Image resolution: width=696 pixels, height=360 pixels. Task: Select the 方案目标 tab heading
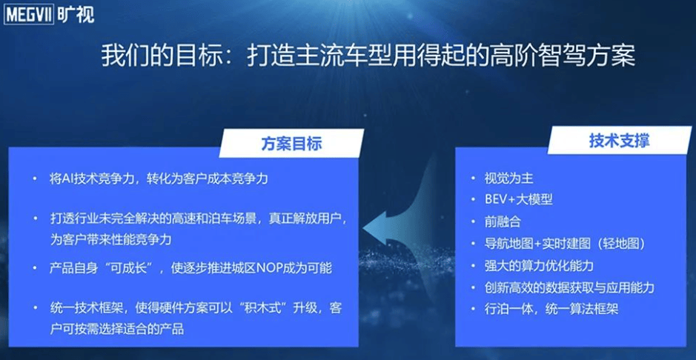tap(291, 144)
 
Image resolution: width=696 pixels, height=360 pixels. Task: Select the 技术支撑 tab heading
tap(619, 140)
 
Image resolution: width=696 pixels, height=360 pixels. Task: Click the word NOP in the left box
tap(268, 269)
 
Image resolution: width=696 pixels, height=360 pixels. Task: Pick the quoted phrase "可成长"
tap(137, 269)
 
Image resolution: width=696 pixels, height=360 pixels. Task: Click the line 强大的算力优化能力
tap(539, 266)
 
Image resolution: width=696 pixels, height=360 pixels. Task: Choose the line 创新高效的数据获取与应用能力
tap(569, 287)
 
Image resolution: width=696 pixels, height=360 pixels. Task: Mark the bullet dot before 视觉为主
tap(473, 179)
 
